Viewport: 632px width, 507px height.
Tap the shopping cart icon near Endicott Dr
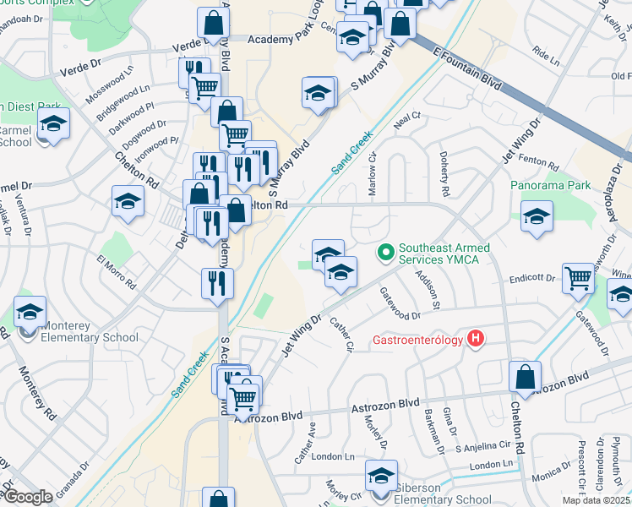tap(579, 277)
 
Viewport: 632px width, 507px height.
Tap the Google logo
tap(28, 497)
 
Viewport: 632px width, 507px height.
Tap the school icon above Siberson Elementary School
tap(381, 475)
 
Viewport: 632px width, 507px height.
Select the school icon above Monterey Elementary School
tap(30, 313)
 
